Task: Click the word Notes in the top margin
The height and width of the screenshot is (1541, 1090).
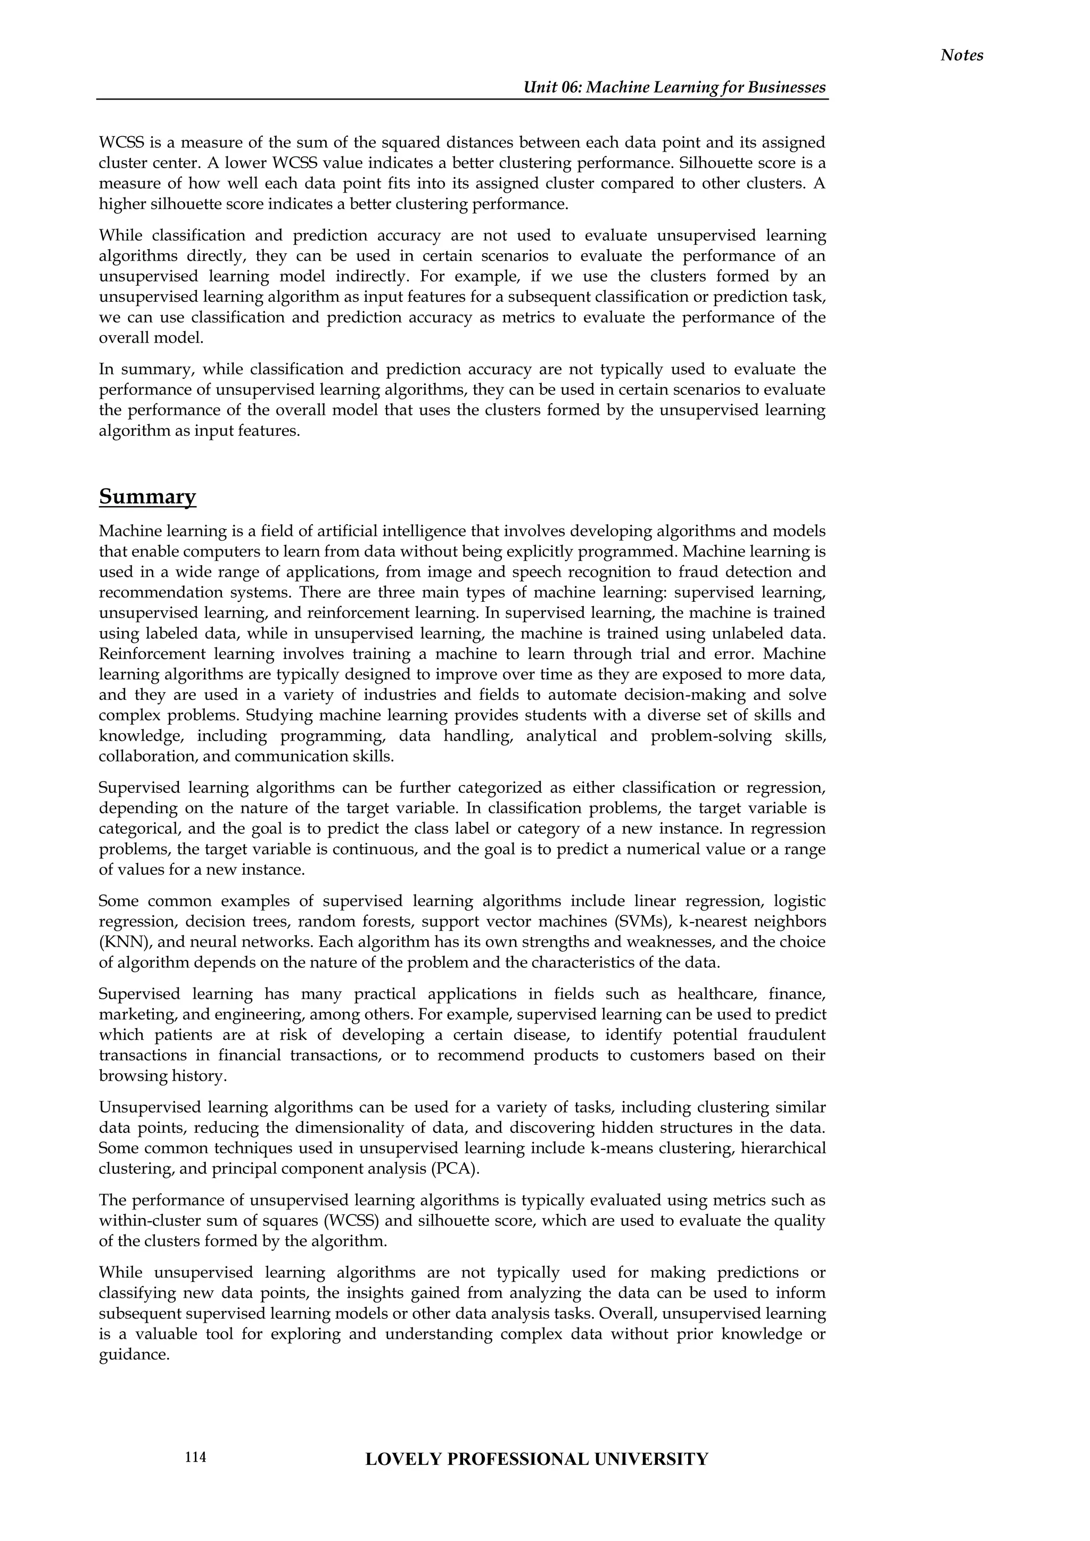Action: pyautogui.click(x=961, y=56)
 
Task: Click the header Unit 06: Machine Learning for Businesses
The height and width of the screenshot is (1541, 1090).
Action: pyautogui.click(x=674, y=88)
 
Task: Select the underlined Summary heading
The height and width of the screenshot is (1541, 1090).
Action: pyautogui.click(x=147, y=498)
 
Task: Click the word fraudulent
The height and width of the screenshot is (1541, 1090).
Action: pyautogui.click(x=788, y=1035)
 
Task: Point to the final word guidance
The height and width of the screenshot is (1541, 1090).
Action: pyautogui.click(x=133, y=1354)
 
